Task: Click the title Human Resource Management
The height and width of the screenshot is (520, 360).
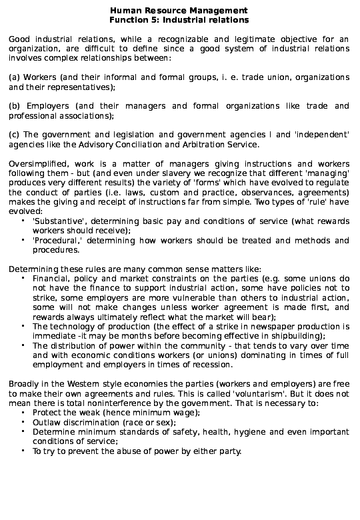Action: pos(178,11)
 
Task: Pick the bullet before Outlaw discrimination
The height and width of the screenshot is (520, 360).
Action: pos(23,422)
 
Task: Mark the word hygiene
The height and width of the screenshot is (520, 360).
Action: pos(260,432)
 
